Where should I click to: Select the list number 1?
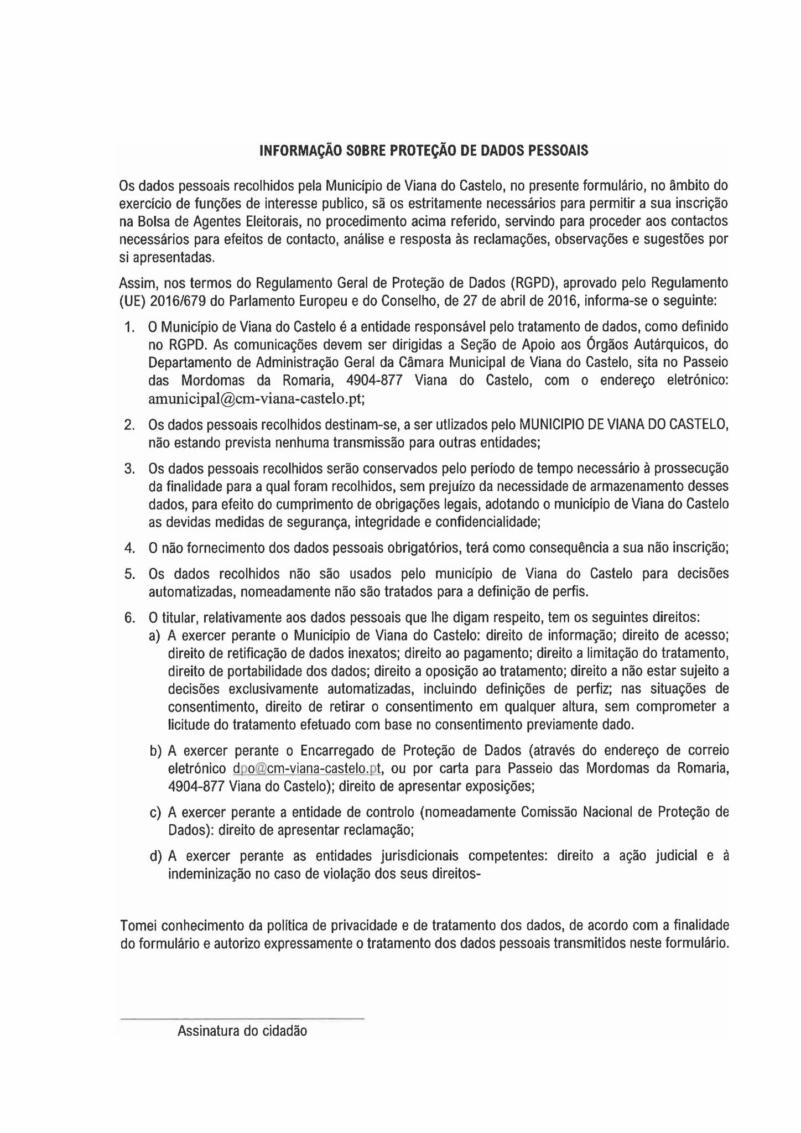point(129,327)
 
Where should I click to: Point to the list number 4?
point(129,548)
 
